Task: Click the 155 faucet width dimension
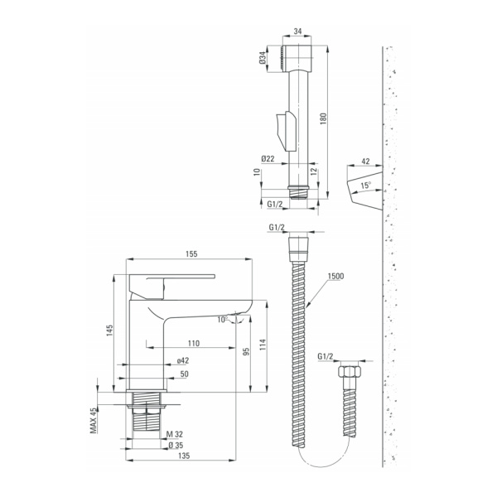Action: coord(191,254)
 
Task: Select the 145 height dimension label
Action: coord(109,331)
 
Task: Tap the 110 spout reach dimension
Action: coord(194,343)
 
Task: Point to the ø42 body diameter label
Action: coord(183,360)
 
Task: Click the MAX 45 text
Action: coord(94,420)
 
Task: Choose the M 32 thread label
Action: coord(175,434)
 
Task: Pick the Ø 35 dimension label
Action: coord(176,445)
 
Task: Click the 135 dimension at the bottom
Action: coord(184,456)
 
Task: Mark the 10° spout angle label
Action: coord(223,320)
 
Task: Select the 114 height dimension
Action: coord(263,345)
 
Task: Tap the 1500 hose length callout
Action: coord(335,276)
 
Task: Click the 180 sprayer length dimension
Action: coord(323,118)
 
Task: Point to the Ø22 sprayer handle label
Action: coord(268,159)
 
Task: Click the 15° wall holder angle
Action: coord(366,185)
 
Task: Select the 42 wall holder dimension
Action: coord(365,161)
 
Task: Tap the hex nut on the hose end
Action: coord(349,371)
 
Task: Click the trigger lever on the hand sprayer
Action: coord(286,131)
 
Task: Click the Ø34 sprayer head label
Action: coord(263,59)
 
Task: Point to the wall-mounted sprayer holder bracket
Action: coord(364,191)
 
